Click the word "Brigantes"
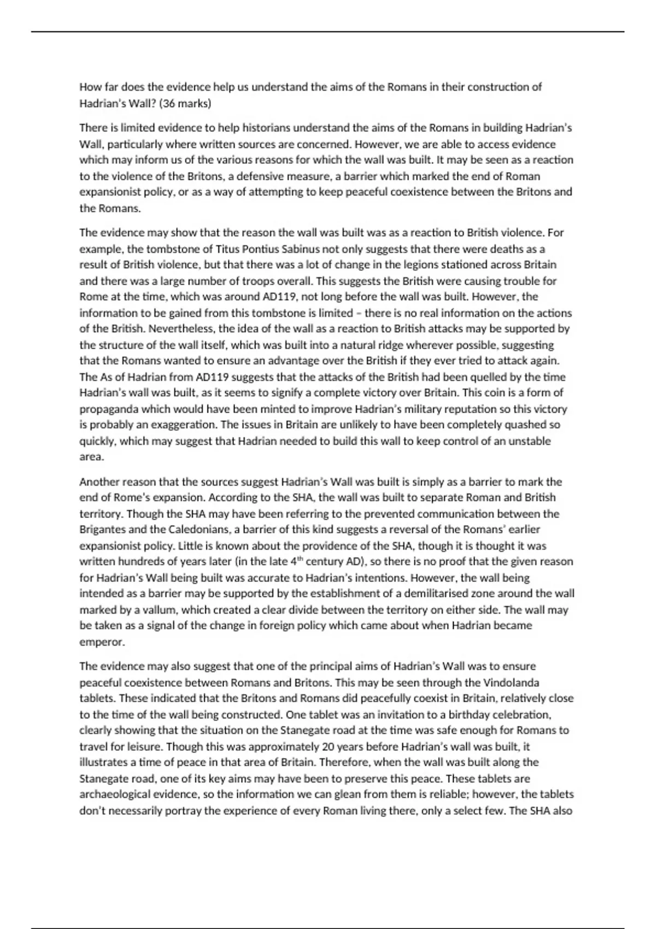[x=102, y=529]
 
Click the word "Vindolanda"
[x=511, y=682]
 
